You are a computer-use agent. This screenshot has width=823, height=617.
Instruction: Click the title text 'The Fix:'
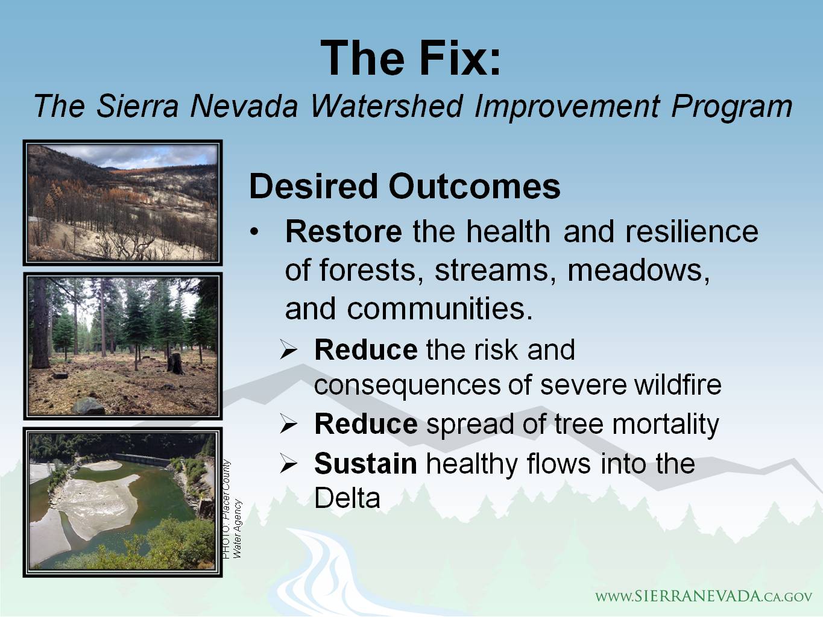click(411, 58)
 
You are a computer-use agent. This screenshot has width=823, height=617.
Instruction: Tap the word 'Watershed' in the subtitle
click(386, 107)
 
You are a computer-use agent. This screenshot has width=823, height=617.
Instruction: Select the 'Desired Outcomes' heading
click(405, 186)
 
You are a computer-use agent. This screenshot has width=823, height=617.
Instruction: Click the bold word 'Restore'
click(344, 231)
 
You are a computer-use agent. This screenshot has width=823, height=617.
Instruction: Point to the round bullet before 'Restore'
click(254, 232)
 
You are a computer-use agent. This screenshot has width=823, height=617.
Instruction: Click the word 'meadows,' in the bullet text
click(639, 270)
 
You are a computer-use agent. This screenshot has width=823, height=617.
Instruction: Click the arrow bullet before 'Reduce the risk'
click(289, 350)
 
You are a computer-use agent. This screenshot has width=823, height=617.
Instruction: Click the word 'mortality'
click(666, 425)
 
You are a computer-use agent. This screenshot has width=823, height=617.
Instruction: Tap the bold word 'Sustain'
click(365, 464)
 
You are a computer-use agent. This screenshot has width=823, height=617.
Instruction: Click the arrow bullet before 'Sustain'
click(289, 465)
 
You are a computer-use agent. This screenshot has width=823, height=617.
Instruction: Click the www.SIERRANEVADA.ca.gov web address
click(704, 597)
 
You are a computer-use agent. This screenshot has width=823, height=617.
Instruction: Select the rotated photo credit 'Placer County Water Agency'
click(232, 509)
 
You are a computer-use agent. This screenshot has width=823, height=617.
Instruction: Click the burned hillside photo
click(122, 202)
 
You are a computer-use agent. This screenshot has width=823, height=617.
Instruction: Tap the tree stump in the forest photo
click(175, 363)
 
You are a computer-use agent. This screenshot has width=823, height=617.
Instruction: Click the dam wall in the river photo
click(142, 459)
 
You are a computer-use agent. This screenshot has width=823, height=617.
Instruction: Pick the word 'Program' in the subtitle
click(731, 107)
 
